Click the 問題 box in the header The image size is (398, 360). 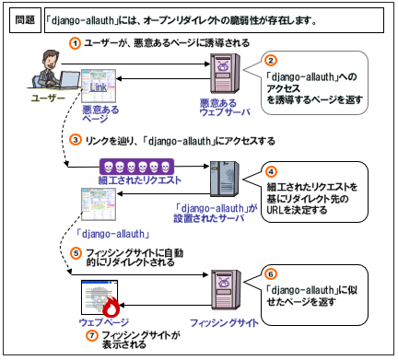click(25, 20)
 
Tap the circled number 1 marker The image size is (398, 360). click(75, 43)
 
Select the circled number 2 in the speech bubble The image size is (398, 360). click(271, 61)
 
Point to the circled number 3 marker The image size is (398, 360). click(76, 140)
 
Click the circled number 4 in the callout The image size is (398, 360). click(271, 172)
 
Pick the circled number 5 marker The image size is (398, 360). click(76, 253)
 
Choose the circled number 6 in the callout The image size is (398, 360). click(271, 274)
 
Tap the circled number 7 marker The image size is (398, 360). click(91, 335)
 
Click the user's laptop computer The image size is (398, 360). click(68, 79)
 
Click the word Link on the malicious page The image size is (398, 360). click(99, 87)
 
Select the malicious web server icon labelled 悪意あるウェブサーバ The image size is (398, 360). click(225, 74)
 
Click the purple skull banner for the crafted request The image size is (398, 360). click(136, 167)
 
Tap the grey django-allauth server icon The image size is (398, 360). click(225, 179)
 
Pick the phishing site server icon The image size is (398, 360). click(226, 290)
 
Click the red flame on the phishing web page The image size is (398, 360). click(111, 308)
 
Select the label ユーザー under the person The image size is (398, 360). click(48, 99)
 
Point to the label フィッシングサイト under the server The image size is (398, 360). click(224, 323)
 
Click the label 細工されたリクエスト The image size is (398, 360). click(140, 180)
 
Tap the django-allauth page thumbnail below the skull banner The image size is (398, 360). click(99, 204)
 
